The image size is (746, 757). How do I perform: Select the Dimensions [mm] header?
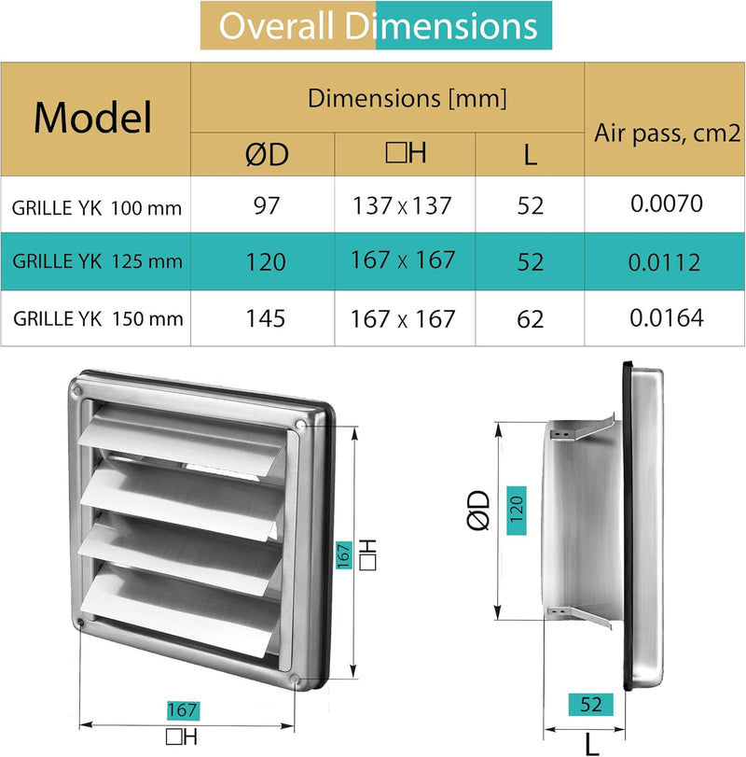407,97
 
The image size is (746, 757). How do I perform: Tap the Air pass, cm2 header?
665,133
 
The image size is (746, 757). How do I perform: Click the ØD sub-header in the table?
266,154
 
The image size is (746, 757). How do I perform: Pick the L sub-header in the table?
530,154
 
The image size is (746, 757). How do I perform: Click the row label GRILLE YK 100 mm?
97,208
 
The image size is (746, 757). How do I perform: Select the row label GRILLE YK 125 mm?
97,262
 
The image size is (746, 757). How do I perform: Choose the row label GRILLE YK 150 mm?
97,318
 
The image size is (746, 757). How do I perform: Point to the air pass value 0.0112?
665,262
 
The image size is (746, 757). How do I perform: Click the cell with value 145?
266,318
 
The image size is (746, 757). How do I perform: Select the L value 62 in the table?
530,318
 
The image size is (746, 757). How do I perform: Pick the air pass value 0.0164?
665,318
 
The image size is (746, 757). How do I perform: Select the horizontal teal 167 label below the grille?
183,709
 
